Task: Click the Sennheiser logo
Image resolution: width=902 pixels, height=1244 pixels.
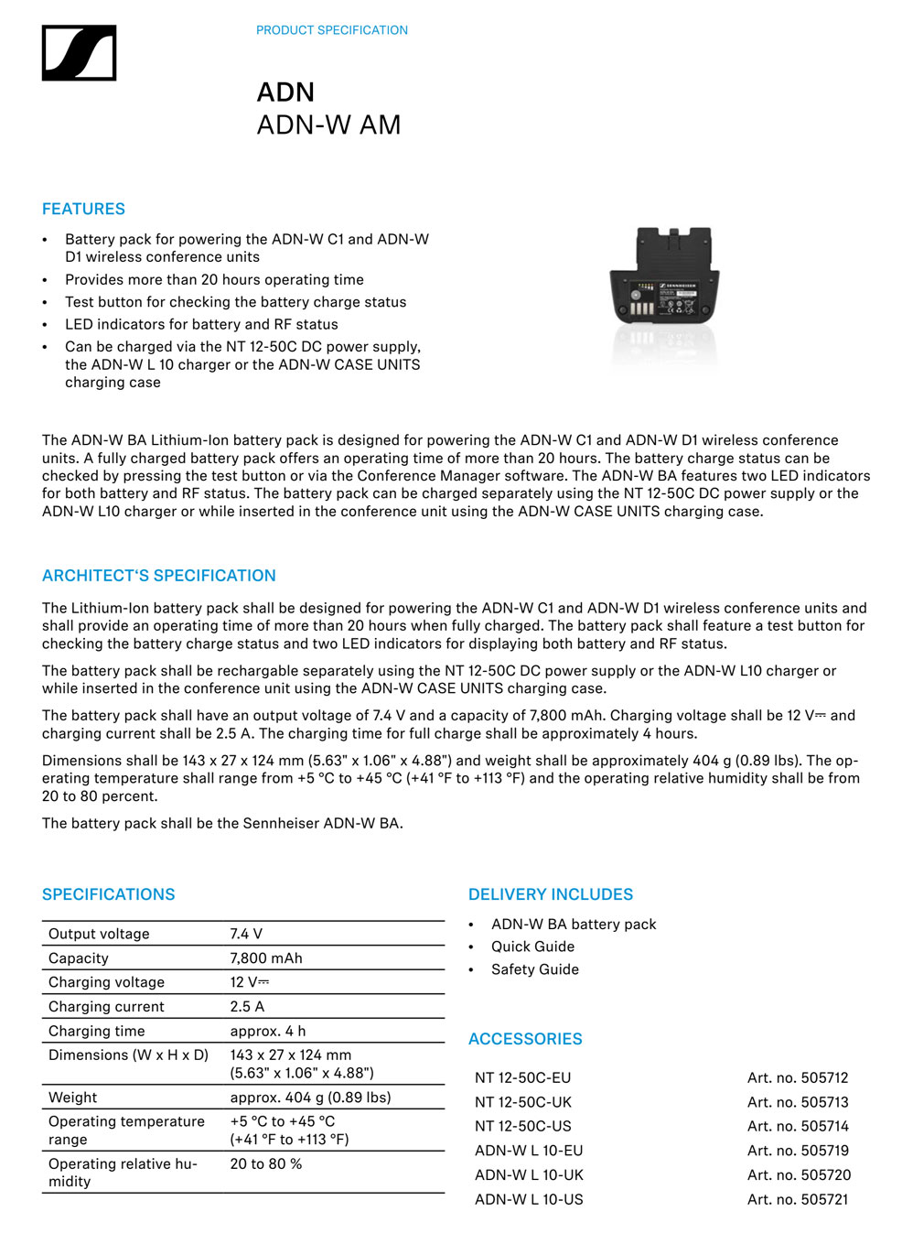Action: pyautogui.click(x=79, y=53)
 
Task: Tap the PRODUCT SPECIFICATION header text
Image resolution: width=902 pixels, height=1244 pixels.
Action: pyautogui.click(x=331, y=30)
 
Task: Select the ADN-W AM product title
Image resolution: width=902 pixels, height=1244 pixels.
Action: pyautogui.click(x=328, y=124)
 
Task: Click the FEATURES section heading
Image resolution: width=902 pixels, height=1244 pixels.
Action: pyautogui.click(x=83, y=209)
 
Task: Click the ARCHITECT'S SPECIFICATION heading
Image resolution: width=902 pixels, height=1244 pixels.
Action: pyautogui.click(x=158, y=576)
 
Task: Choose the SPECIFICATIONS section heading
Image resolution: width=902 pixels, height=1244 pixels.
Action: pyautogui.click(x=108, y=894)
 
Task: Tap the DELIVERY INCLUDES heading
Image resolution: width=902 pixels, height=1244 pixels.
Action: pyautogui.click(x=550, y=894)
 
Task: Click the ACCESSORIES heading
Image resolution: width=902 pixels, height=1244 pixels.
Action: pyautogui.click(x=525, y=1039)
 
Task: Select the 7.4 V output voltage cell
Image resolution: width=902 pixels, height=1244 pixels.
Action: pyautogui.click(x=246, y=934)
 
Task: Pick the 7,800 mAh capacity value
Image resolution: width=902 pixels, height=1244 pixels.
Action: pyautogui.click(x=265, y=958)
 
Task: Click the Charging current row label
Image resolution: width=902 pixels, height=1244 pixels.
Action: pyautogui.click(x=106, y=1007)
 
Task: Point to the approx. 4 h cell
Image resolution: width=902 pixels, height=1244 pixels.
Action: pyautogui.click(x=267, y=1031)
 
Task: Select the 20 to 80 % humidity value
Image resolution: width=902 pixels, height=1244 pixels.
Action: pyautogui.click(x=265, y=1163)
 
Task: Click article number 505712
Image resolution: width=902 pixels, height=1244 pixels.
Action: pyautogui.click(x=798, y=1078)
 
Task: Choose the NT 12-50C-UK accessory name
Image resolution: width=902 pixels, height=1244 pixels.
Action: pyautogui.click(x=523, y=1102)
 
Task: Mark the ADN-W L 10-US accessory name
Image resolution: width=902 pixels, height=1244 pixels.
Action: pyautogui.click(x=529, y=1199)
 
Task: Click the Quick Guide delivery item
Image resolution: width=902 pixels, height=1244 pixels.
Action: pyautogui.click(x=532, y=947)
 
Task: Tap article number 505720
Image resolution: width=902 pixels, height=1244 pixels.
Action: pyautogui.click(x=799, y=1175)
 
